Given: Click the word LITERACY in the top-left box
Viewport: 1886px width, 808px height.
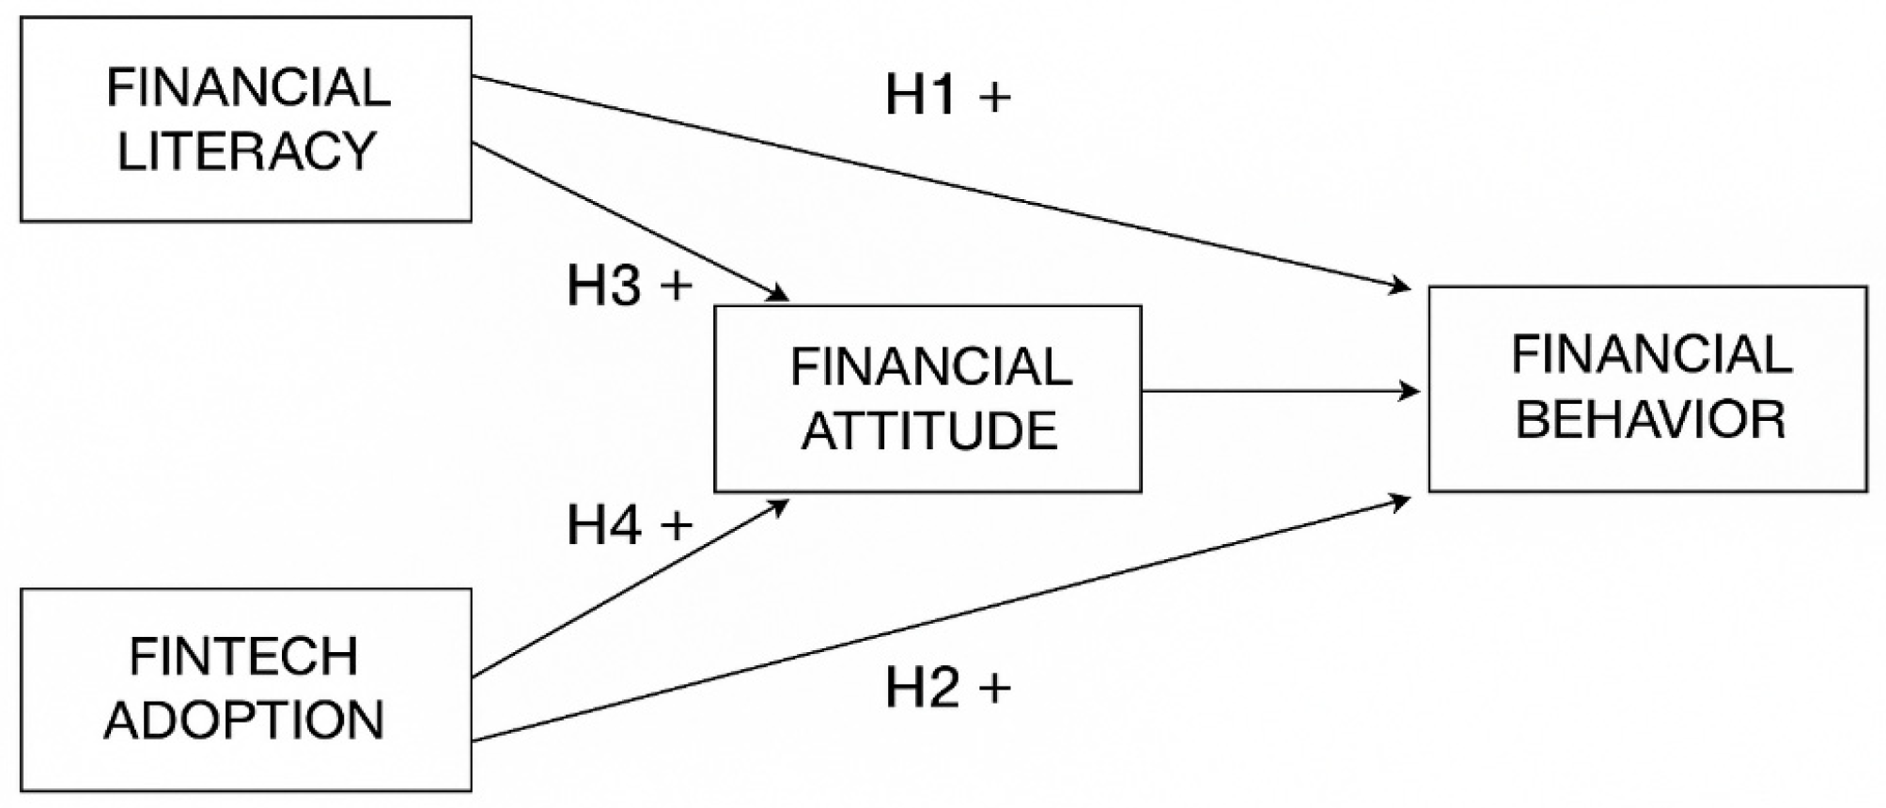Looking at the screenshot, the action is [x=246, y=151].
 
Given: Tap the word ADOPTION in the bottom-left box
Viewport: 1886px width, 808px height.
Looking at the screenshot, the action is [x=244, y=721].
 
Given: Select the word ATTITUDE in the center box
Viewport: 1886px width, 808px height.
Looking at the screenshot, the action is [x=929, y=431].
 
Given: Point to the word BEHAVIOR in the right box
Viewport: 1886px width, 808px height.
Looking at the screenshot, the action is [x=1650, y=418].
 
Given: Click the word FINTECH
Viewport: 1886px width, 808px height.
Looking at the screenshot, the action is [x=244, y=657].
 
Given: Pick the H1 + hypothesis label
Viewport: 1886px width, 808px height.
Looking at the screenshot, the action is [x=948, y=96].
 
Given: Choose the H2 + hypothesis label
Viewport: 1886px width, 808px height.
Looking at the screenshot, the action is [x=948, y=688].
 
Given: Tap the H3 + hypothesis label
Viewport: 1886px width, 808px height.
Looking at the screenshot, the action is [x=630, y=285].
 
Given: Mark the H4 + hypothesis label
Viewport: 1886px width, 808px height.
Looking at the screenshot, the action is [x=630, y=524].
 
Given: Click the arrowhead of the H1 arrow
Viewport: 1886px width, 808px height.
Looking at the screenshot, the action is [x=1402, y=285].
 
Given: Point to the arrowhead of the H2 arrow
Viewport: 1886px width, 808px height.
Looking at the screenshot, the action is [x=1402, y=501].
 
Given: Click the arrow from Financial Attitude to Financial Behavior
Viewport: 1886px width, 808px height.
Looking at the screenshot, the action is [x=1281, y=391].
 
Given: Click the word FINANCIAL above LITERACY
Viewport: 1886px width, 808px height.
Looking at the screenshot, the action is [x=248, y=87].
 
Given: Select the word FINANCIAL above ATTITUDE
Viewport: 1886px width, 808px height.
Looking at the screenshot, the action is [x=930, y=367].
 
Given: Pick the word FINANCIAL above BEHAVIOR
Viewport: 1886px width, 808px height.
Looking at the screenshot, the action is [x=1651, y=354].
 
